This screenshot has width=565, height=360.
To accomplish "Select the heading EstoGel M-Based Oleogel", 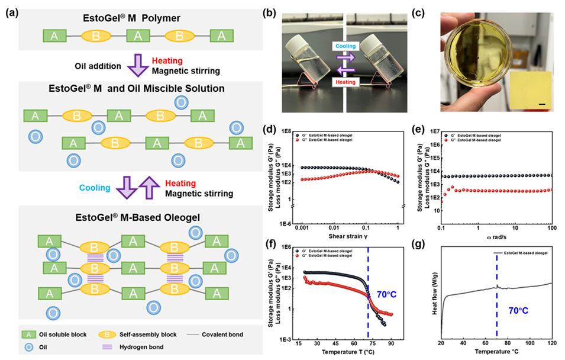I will point(140,217).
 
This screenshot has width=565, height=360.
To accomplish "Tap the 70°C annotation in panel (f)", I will point(390,294).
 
